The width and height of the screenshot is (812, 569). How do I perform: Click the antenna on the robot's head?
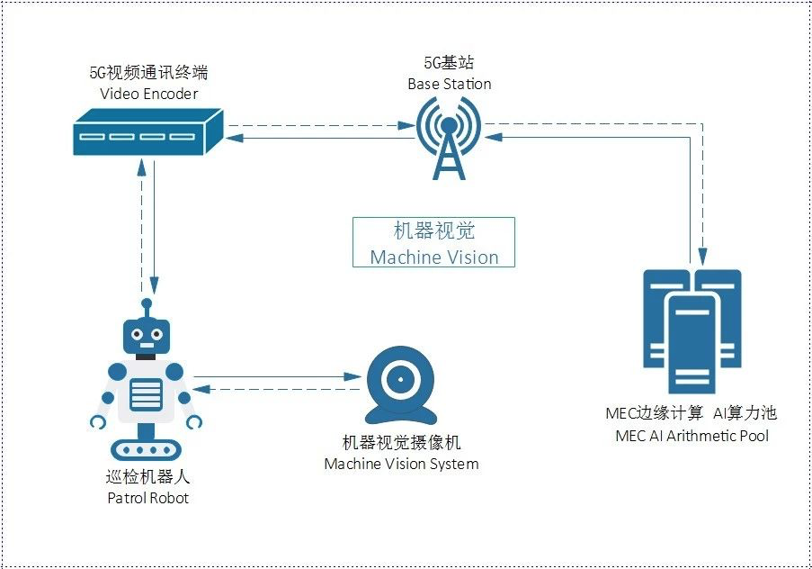(146, 303)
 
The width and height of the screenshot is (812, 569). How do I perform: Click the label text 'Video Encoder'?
(149, 94)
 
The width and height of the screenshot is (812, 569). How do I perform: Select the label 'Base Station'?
(450, 84)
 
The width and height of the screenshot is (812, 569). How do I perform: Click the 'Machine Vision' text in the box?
(434, 257)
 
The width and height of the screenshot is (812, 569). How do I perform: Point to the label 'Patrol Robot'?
(147, 497)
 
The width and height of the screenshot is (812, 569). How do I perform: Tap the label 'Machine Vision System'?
(401, 464)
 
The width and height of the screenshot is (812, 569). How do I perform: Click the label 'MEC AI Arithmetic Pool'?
(692, 436)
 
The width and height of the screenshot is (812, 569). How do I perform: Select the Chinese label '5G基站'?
(449, 63)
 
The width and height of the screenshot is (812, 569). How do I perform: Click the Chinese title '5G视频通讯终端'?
(149, 74)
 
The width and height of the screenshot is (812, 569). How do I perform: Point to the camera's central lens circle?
(398, 379)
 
